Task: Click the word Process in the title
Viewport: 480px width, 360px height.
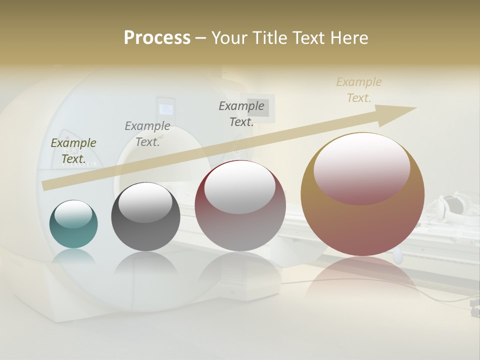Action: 157,38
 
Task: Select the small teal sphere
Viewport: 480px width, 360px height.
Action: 73,224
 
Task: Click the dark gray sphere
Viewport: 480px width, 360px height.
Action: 145,217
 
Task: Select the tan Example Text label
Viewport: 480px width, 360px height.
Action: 359,90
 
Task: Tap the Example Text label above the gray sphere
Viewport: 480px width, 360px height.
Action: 147,134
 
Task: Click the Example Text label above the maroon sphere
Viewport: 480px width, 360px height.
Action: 241,113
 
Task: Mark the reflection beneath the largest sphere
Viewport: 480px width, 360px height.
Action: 362,275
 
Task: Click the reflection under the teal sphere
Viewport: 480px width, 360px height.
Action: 73,256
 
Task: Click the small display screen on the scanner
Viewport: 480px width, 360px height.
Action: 165,109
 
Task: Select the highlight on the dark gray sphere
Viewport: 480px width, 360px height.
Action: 145,202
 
